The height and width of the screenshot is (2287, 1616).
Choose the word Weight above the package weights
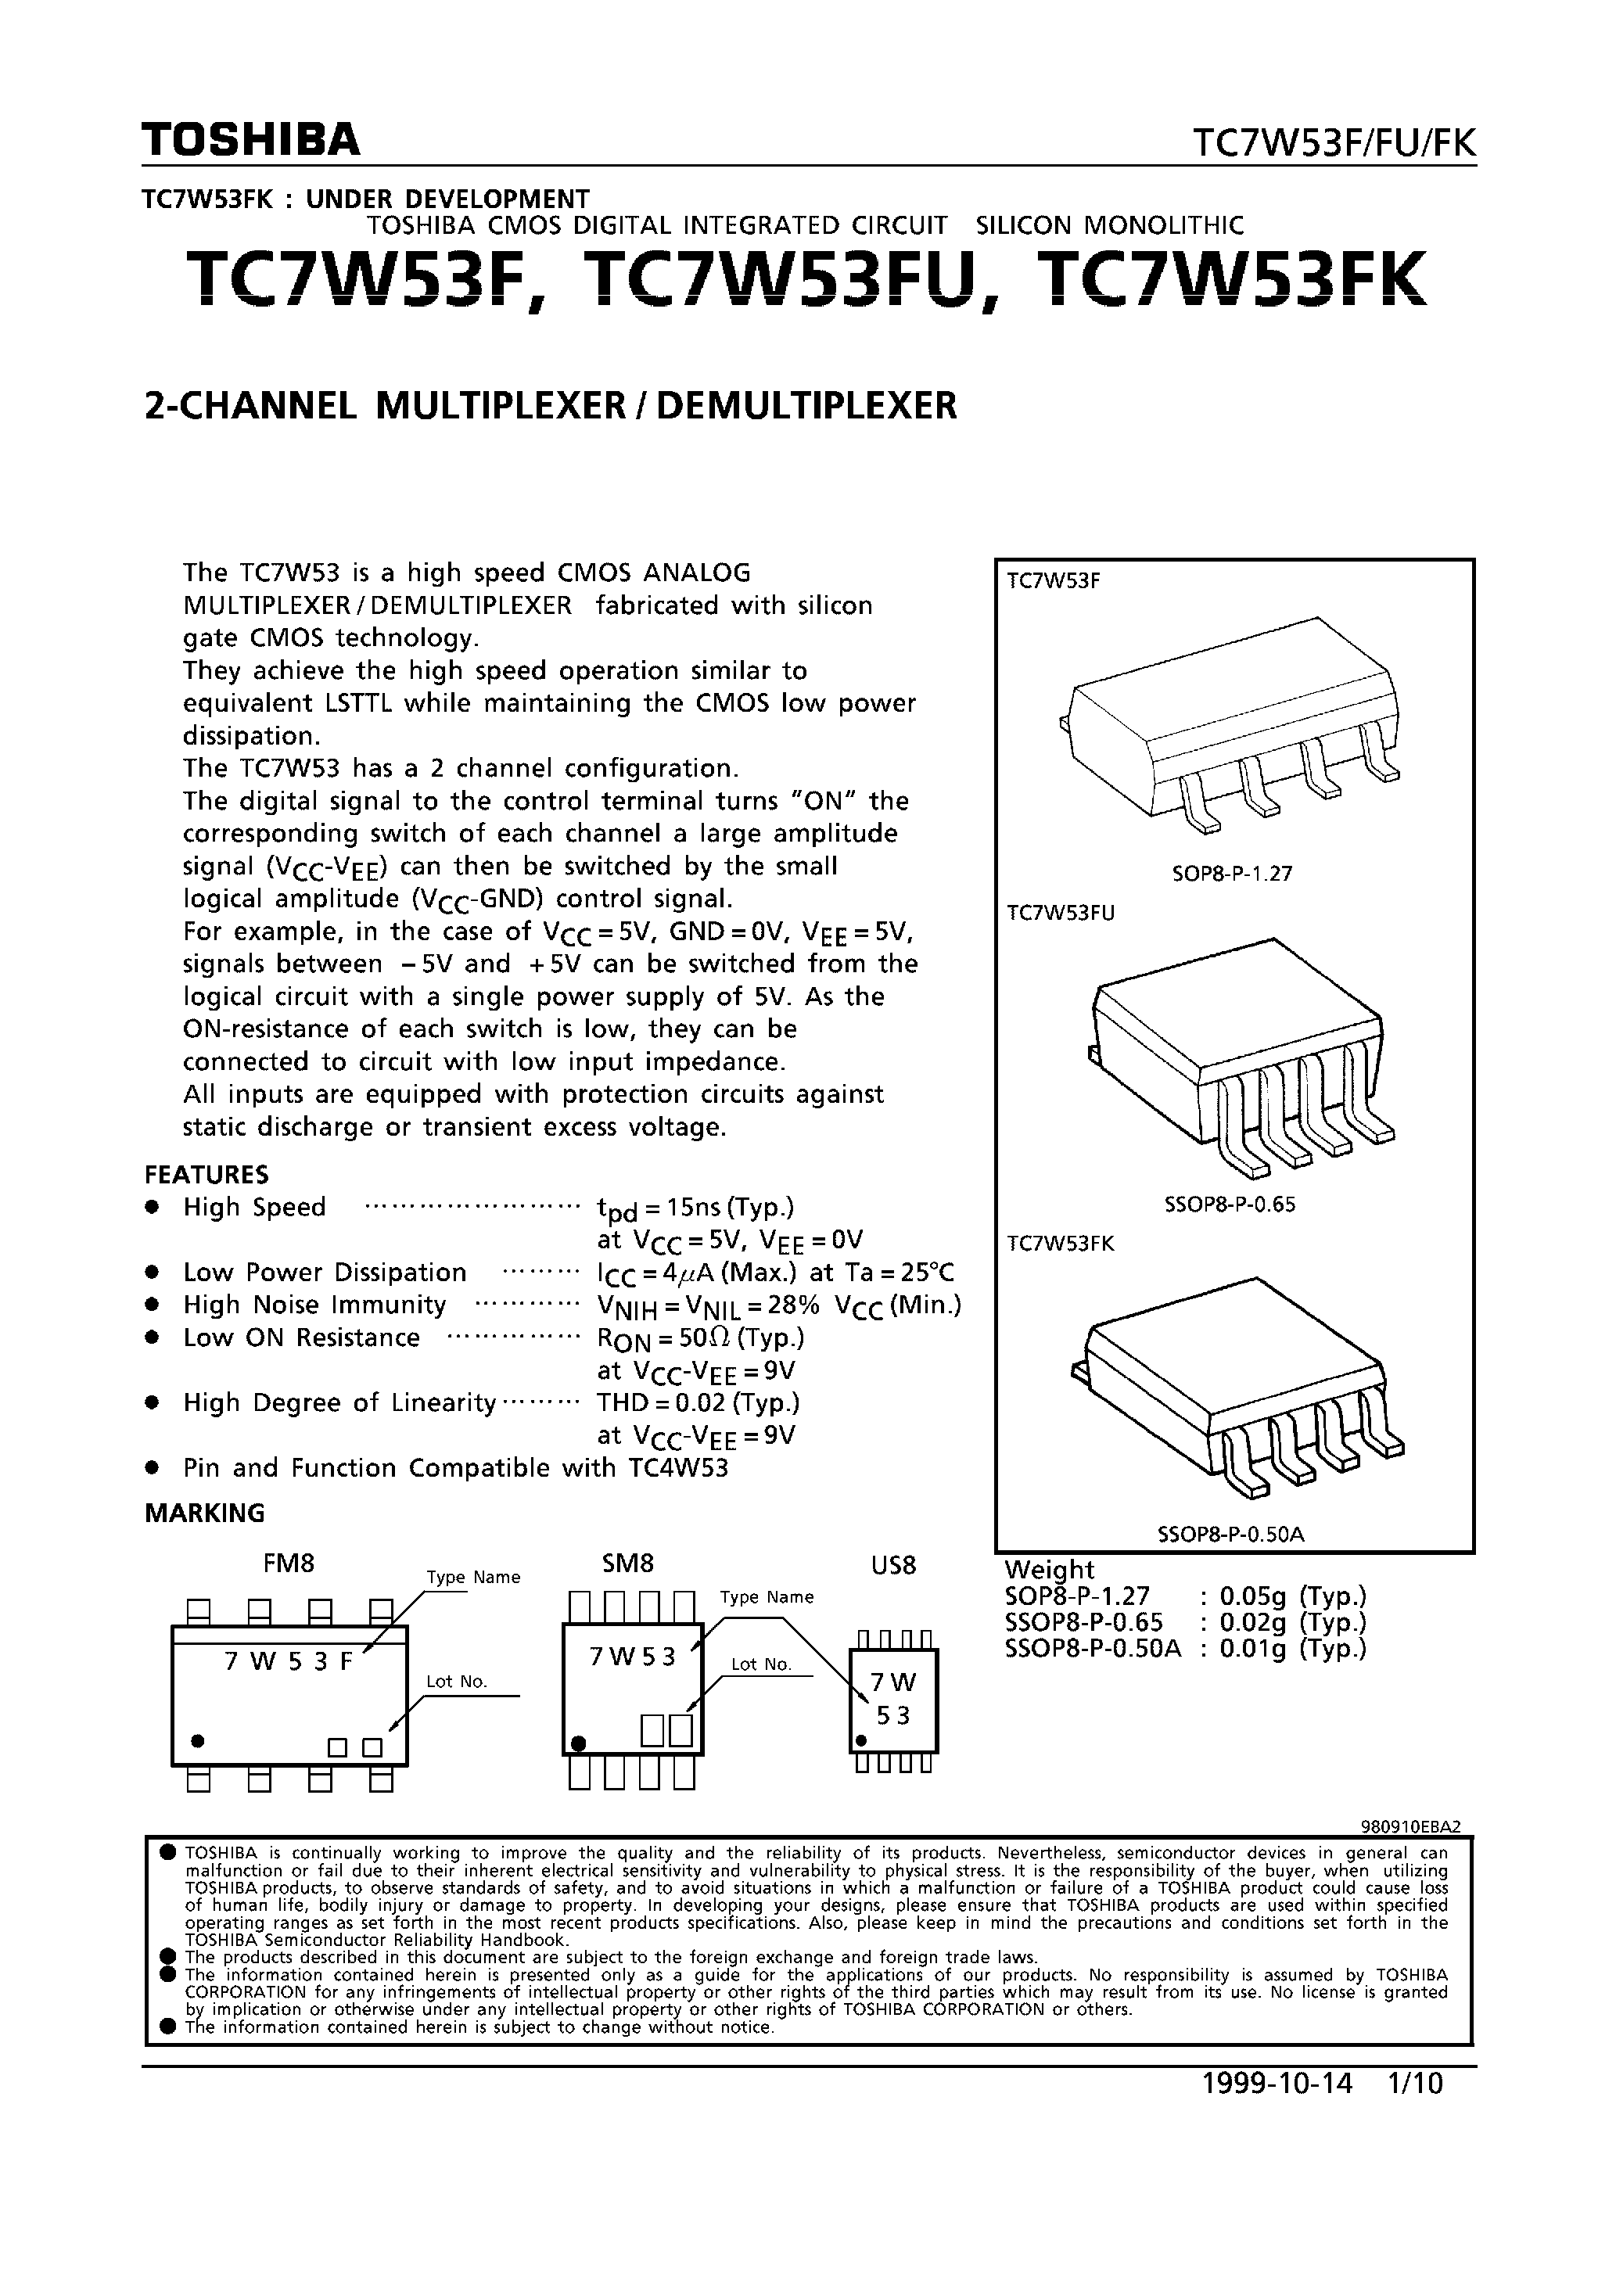tap(1048, 1569)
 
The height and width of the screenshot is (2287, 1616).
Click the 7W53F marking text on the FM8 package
tap(288, 1661)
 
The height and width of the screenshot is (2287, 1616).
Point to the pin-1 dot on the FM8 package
tap(198, 1740)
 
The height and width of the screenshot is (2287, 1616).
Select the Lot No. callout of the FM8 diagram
tap(456, 1682)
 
